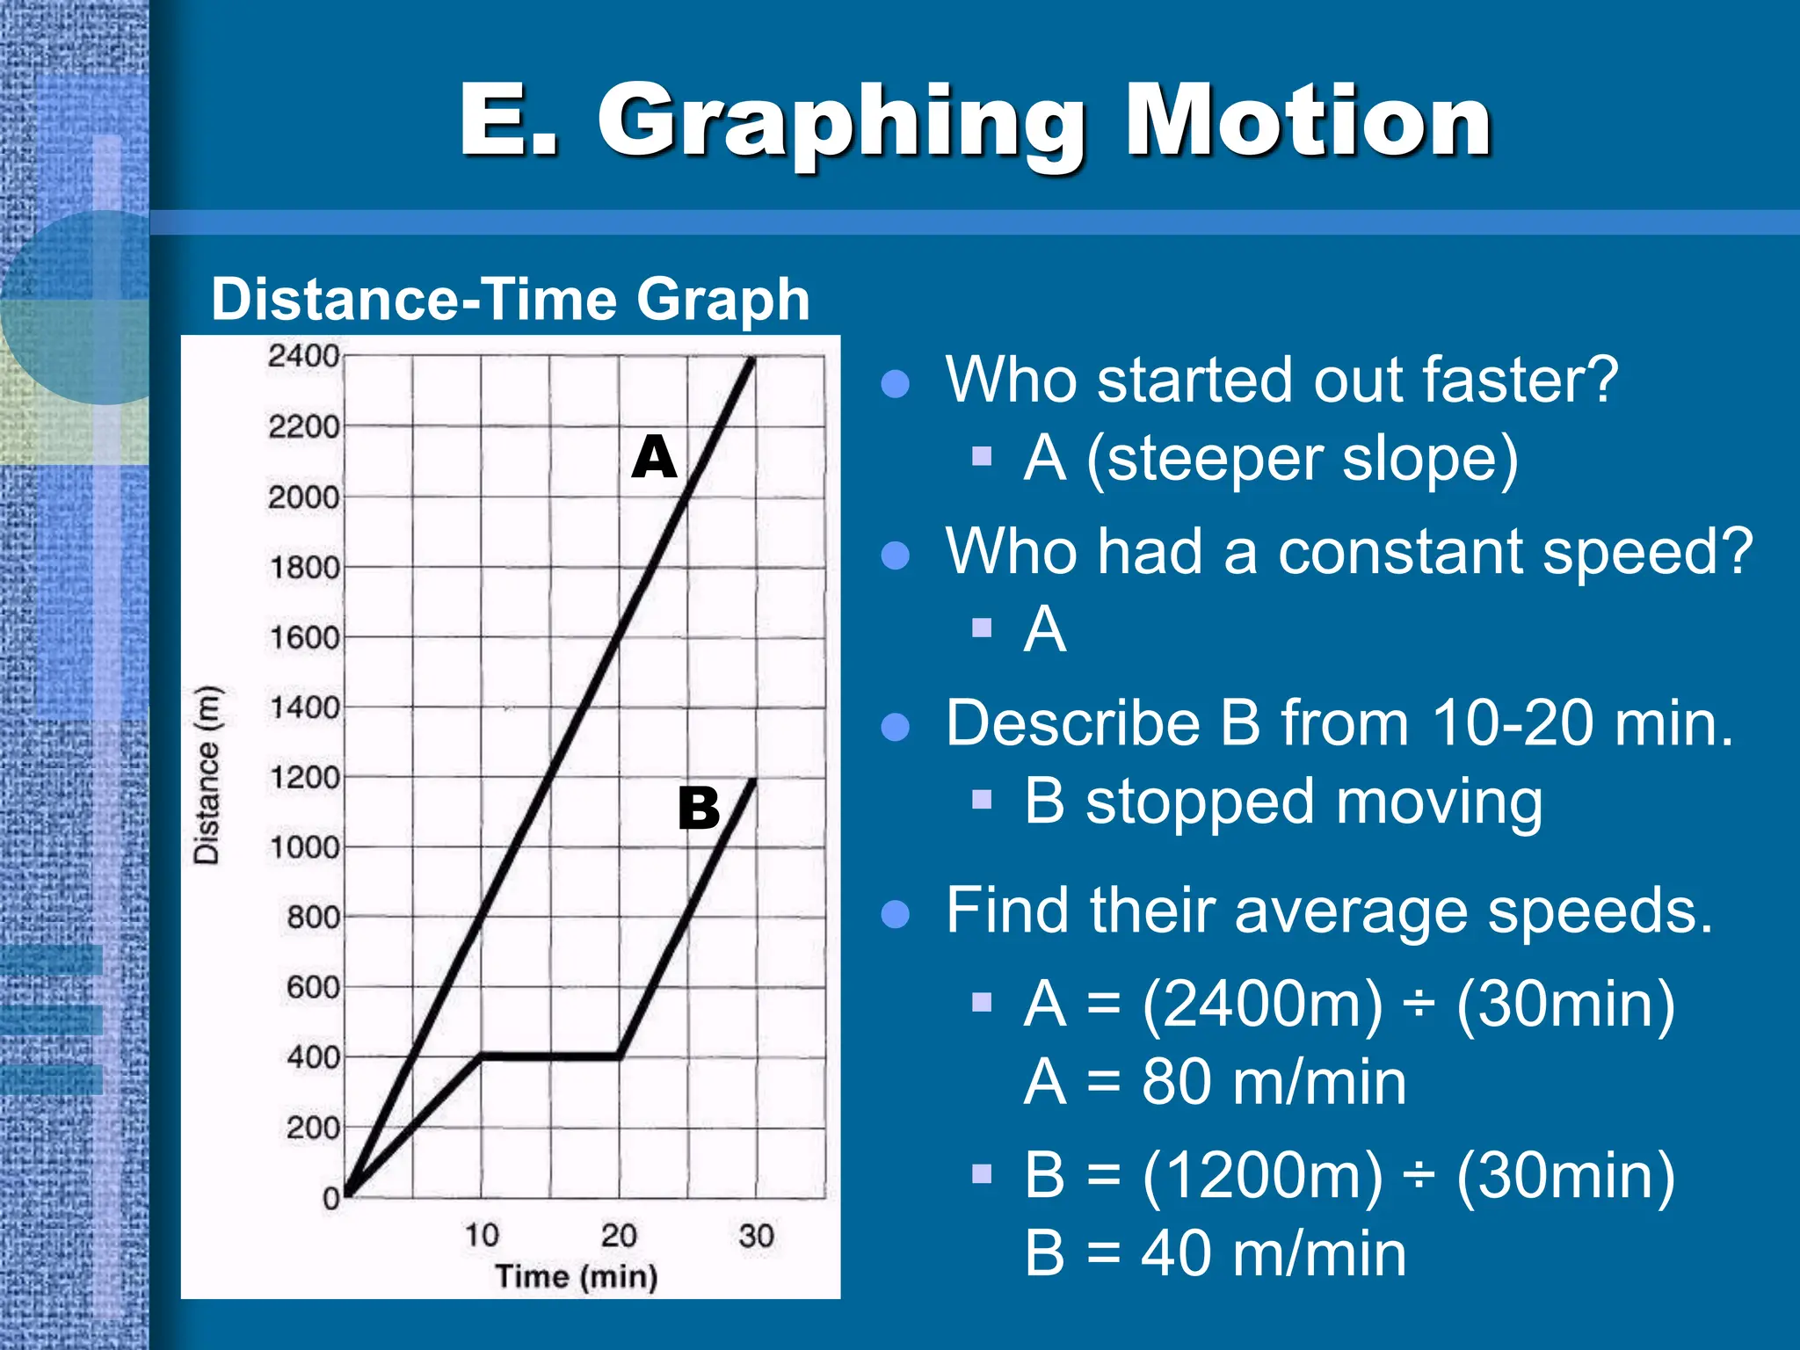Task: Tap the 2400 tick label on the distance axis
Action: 303,356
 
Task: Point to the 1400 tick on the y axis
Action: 303,707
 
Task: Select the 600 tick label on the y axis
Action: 312,987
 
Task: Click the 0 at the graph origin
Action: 330,1197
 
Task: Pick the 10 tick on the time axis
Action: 482,1235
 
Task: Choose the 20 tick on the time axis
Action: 619,1235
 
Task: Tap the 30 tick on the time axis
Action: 756,1235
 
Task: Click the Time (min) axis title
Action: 577,1276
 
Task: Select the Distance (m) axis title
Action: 207,775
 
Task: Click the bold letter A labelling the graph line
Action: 654,458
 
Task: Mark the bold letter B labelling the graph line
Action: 699,808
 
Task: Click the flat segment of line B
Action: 550,1056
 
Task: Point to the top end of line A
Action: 752,359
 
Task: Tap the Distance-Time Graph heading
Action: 510,299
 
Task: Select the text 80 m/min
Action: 1274,1082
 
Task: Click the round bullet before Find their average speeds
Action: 895,914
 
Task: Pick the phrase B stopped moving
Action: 1283,802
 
